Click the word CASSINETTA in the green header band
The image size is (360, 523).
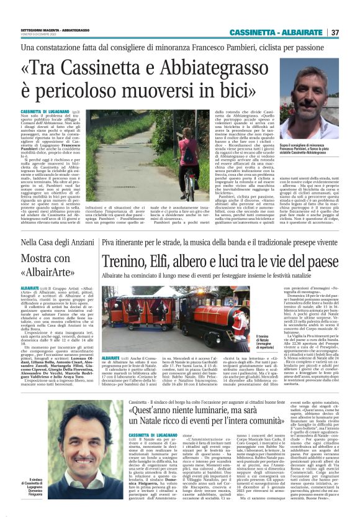tap(256, 32)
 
